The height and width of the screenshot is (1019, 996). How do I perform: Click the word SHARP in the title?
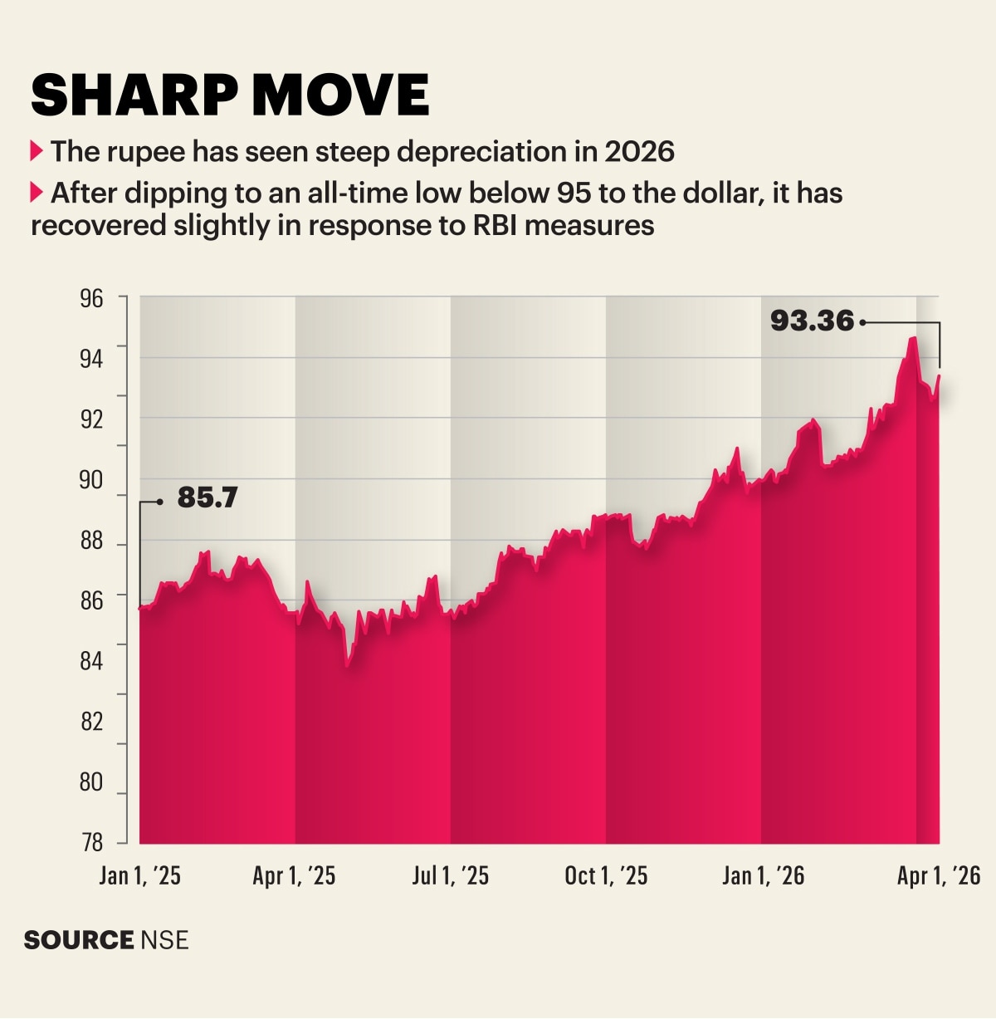(135, 95)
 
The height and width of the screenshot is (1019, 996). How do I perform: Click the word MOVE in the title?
(341, 95)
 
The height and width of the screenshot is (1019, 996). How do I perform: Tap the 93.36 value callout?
(813, 321)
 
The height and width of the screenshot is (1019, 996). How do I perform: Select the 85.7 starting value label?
(207, 497)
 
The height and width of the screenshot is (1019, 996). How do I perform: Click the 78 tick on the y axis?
(91, 843)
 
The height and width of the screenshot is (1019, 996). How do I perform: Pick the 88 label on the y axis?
(91, 541)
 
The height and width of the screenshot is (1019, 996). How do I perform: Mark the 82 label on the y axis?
(91, 722)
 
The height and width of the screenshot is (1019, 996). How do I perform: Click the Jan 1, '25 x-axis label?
(139, 876)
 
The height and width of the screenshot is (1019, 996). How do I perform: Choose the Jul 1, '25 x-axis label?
(450, 876)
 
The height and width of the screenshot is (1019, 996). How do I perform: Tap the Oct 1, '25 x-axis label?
(606, 876)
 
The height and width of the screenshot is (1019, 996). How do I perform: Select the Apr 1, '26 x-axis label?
(939, 876)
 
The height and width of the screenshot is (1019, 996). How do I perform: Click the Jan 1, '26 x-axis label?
(763, 876)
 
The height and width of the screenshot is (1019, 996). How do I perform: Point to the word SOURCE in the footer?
(79, 940)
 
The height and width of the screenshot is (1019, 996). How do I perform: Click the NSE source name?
(164, 940)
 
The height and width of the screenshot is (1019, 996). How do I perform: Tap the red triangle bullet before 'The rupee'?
(36, 151)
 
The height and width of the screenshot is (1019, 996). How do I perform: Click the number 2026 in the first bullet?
(639, 152)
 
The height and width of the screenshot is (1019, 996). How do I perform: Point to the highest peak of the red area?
(913, 337)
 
